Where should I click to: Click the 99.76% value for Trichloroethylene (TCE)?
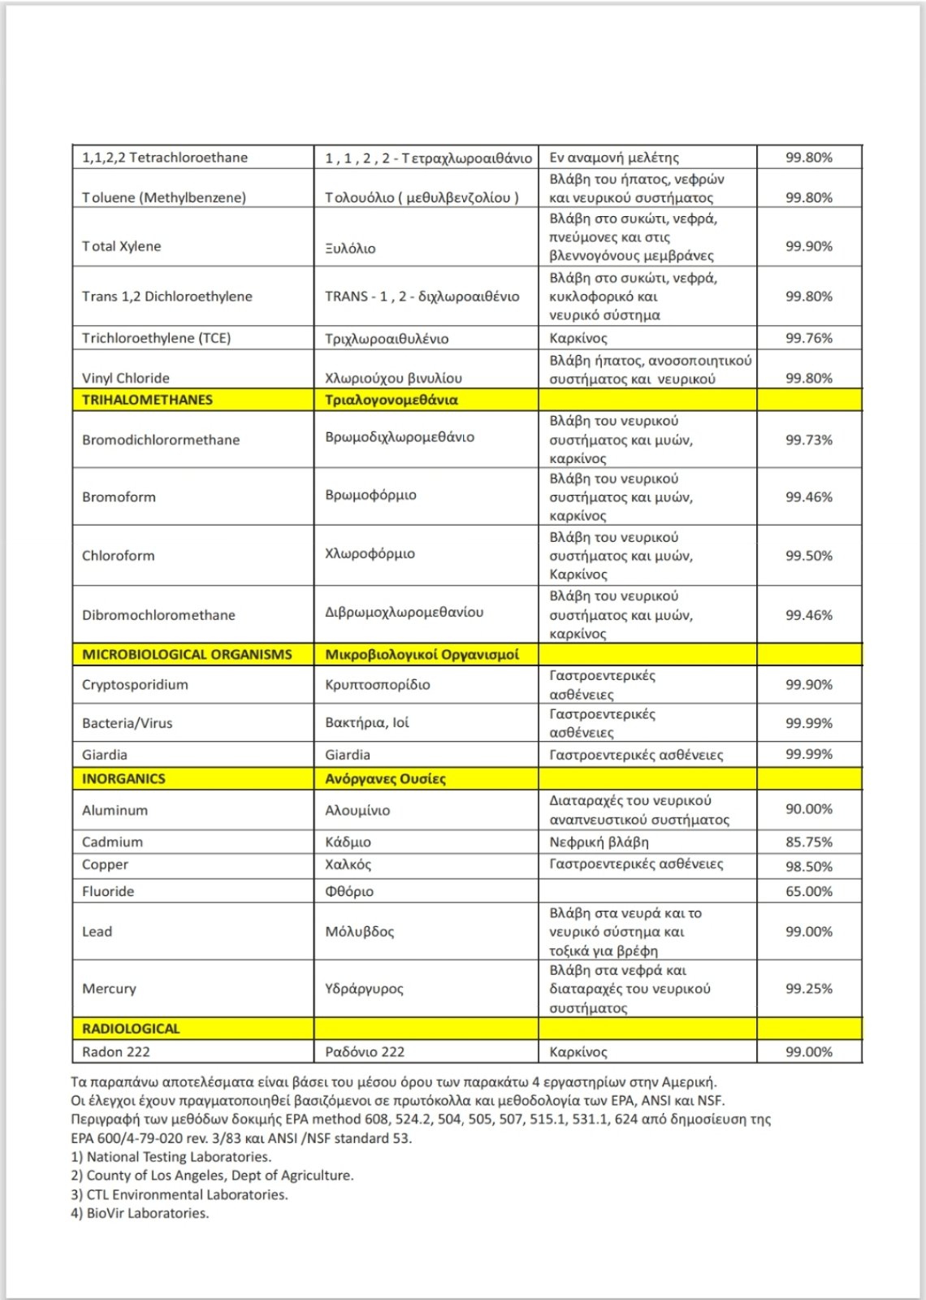(x=808, y=338)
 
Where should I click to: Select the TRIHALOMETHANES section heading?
(x=147, y=400)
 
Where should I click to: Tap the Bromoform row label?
(x=119, y=497)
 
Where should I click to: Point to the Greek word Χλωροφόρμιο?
(x=370, y=554)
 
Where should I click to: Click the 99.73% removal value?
(x=808, y=440)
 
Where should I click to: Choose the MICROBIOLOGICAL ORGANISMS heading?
(x=187, y=655)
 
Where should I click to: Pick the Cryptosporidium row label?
(x=135, y=685)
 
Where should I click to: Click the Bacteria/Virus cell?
(x=128, y=723)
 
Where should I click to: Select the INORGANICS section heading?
(x=123, y=779)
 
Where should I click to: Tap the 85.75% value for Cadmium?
(x=808, y=843)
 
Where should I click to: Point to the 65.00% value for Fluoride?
(x=808, y=891)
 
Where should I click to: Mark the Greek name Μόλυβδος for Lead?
(x=359, y=932)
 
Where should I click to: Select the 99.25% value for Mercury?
(x=808, y=989)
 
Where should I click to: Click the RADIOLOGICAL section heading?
(x=131, y=1029)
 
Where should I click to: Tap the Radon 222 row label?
(x=116, y=1052)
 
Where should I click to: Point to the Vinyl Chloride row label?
(x=126, y=379)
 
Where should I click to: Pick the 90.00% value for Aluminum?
(x=808, y=809)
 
